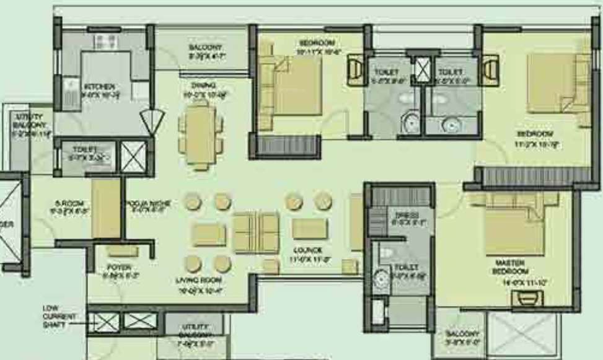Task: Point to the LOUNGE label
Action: (x=308, y=251)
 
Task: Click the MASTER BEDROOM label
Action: (x=511, y=267)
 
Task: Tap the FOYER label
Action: (x=118, y=268)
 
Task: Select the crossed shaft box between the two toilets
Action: (x=422, y=69)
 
